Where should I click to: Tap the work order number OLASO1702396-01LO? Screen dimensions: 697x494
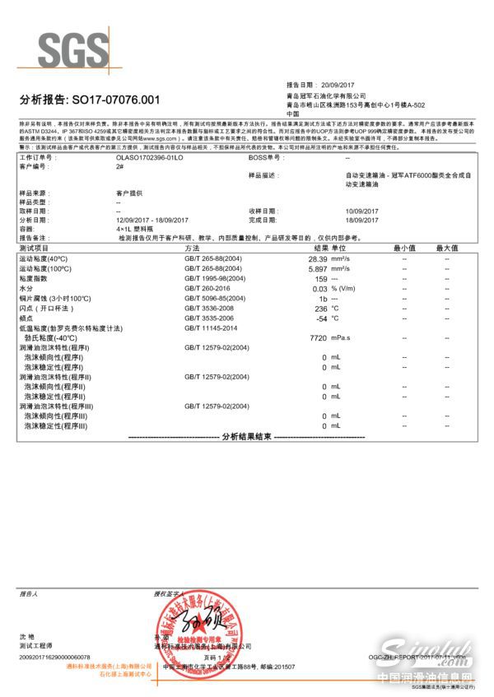150,156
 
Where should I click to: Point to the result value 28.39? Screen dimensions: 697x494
317,258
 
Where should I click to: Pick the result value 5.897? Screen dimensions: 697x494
317,268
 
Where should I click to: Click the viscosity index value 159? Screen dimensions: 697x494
321,279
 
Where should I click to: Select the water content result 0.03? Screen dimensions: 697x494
319,289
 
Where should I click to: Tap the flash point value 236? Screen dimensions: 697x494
321,309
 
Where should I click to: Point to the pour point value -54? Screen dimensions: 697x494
321,318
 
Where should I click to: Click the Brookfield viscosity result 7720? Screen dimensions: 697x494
318,338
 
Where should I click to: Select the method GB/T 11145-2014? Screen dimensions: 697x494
212,328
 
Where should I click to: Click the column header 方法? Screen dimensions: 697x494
193,248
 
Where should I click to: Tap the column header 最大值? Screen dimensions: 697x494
446,248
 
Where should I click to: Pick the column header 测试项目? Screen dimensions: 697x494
35,248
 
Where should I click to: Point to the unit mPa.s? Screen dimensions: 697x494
342,338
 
